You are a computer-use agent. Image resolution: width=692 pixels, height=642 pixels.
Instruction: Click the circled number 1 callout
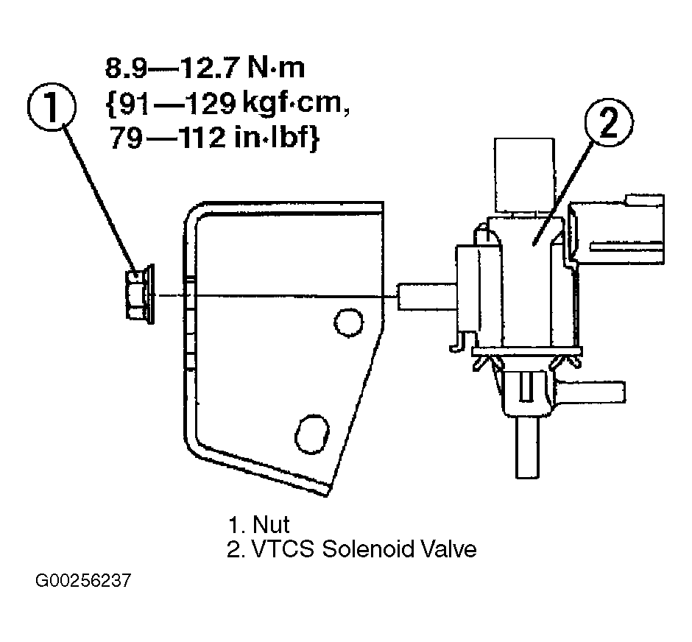point(52,107)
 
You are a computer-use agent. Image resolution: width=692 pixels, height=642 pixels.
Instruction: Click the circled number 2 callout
point(609,122)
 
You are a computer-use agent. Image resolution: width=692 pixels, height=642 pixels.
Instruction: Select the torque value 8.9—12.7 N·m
point(205,68)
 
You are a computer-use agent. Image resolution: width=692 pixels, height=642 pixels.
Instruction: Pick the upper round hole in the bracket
point(349,322)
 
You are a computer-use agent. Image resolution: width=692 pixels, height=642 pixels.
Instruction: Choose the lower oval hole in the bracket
point(312,434)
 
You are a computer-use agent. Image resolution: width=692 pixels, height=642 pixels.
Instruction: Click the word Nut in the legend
point(271,524)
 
